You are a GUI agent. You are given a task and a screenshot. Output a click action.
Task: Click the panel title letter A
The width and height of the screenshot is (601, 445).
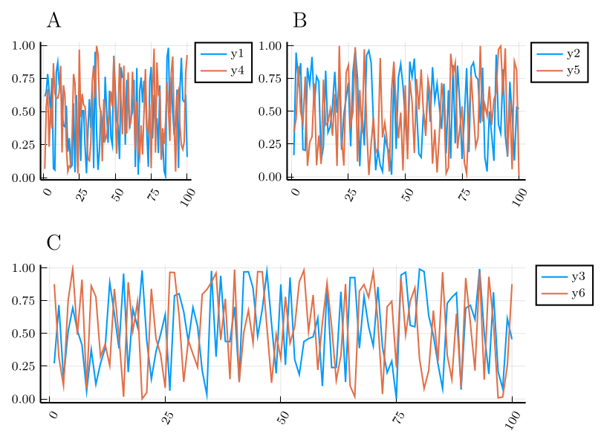[x=53, y=21]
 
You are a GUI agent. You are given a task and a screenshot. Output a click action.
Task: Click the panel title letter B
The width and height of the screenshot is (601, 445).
[x=300, y=21]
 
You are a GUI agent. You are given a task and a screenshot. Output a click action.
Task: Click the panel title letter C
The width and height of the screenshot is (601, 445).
[x=53, y=243]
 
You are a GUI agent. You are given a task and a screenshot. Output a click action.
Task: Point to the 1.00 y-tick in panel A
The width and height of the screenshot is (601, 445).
[x=25, y=45]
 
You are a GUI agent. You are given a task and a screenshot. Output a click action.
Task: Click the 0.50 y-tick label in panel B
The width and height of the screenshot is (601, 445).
[x=270, y=111]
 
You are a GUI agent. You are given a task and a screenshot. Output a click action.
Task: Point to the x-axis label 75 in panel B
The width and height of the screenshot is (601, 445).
[x=464, y=195]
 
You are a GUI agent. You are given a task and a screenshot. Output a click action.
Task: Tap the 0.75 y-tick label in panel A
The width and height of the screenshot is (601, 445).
[x=25, y=79]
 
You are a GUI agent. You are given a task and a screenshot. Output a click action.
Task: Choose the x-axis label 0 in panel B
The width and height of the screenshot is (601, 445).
[x=295, y=192]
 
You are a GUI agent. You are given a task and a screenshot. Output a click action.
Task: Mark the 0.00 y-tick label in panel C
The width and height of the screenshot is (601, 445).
[x=25, y=400]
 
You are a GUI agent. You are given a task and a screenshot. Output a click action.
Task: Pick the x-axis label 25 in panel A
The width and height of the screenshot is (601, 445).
[x=82, y=195]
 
